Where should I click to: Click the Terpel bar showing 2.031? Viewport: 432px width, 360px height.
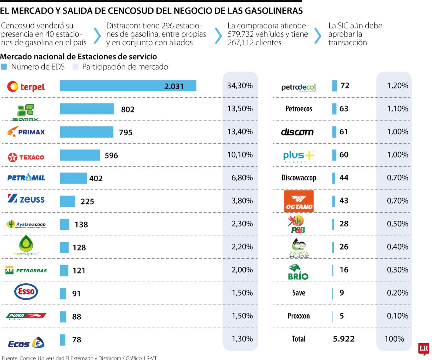[128, 86]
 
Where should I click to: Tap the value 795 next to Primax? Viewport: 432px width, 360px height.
[126, 132]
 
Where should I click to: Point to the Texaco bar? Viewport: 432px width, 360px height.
[80, 155]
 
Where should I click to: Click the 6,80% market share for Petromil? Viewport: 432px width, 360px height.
[240, 178]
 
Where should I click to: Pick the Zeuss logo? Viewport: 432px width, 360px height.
[26, 199]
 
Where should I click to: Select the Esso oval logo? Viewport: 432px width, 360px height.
[26, 292]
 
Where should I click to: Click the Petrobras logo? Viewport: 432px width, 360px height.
[26, 270]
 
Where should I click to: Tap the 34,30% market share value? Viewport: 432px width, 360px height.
[240, 86]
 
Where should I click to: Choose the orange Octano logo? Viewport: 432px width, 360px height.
[298, 201]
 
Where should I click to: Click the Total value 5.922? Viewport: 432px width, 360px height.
[344, 339]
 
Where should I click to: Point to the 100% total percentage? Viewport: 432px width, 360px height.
[394, 339]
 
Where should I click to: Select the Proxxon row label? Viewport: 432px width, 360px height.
[298, 316]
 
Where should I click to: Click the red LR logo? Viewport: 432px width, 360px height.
[424, 349]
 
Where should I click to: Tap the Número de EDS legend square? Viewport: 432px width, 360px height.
[4, 67]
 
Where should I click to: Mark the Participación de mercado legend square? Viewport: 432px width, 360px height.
[75, 67]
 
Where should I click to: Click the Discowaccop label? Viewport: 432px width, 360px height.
[298, 178]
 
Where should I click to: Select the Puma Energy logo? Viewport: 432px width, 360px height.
[26, 316]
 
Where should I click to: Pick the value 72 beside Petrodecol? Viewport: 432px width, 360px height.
[344, 86]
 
